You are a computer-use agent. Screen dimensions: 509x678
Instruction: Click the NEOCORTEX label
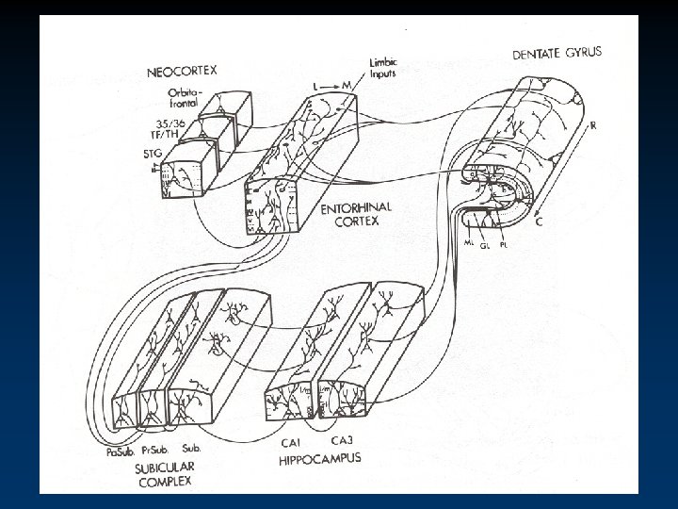182,71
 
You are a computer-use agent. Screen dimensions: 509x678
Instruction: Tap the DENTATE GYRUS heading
557,55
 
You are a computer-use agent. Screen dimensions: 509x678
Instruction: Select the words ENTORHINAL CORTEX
345,215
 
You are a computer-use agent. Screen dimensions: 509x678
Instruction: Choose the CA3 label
343,439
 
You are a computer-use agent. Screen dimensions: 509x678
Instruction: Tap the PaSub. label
121,453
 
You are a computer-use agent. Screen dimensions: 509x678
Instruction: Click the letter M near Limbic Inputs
347,86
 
